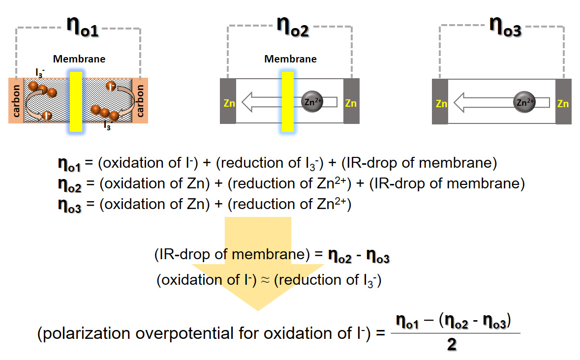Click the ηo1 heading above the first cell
coord(82,27)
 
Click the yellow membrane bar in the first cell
coord(76,101)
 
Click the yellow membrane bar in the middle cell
coord(288,102)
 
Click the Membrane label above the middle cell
coord(290,60)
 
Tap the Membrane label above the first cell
coord(79,60)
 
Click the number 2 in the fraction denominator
coord(452,345)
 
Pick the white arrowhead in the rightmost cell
coord(461,103)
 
